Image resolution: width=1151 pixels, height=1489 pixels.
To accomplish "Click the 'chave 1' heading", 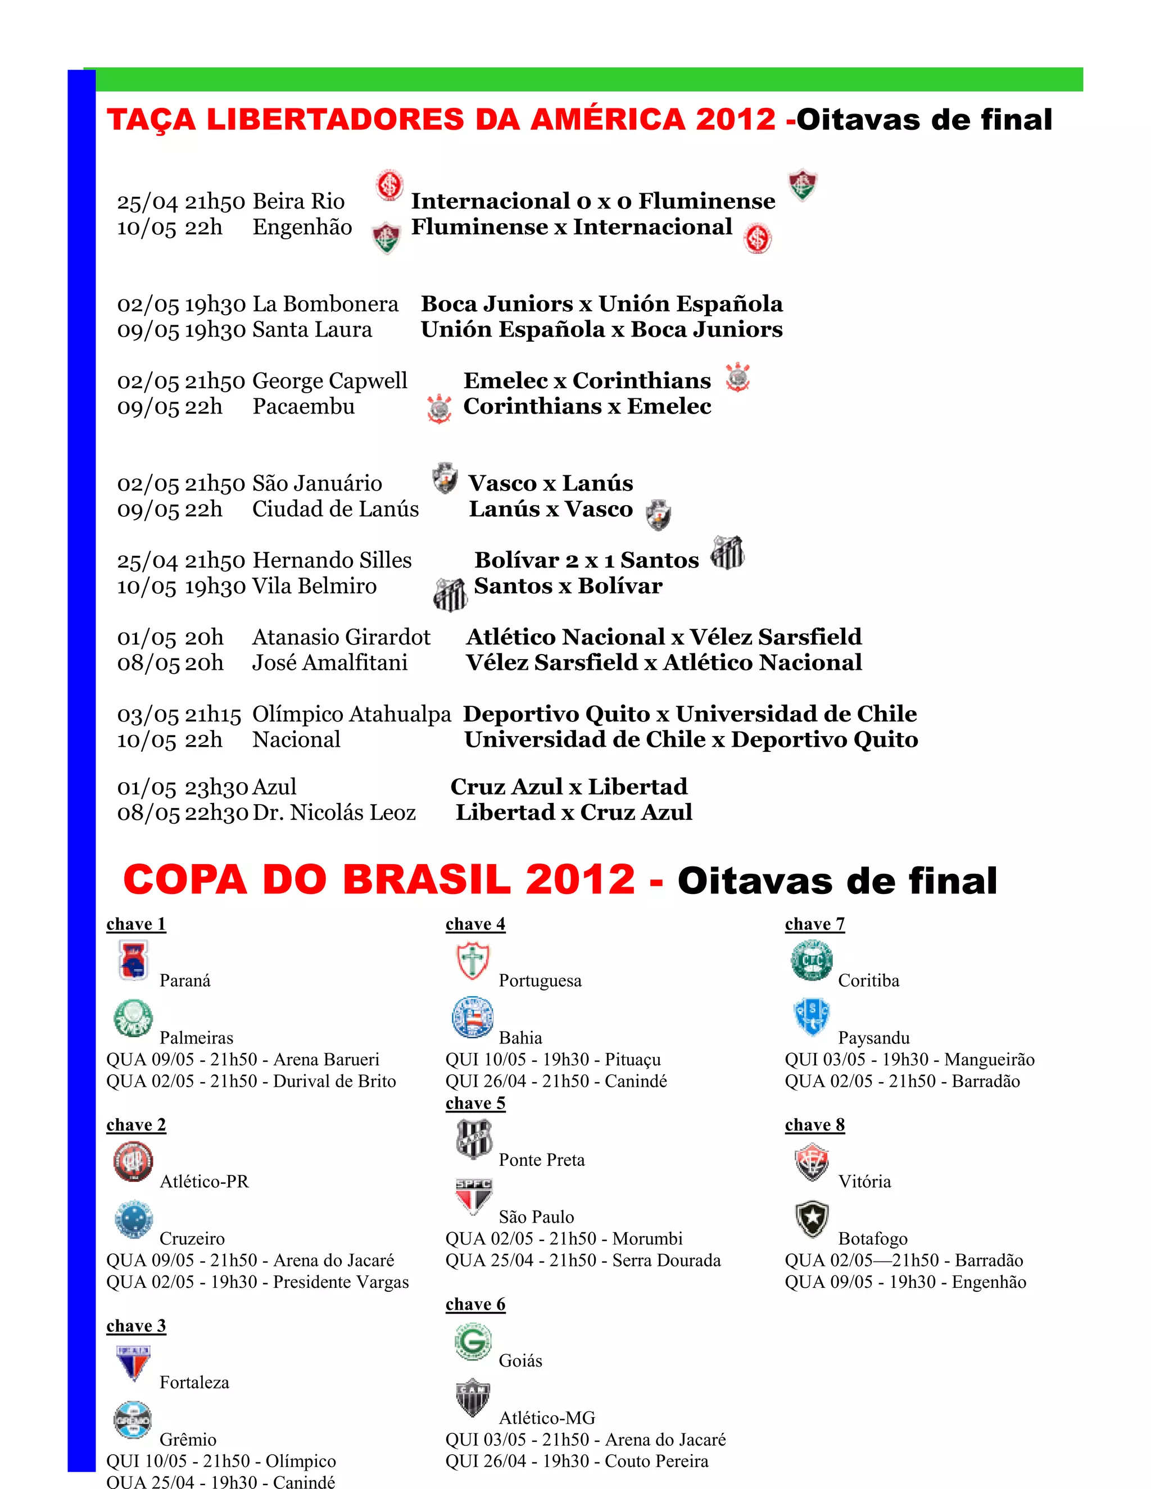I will pyautogui.click(x=135, y=924).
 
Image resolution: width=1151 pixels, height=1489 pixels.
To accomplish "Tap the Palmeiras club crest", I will pyautogui.click(x=133, y=1018).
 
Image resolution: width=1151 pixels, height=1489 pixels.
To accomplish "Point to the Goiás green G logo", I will pyautogui.click(x=473, y=1341).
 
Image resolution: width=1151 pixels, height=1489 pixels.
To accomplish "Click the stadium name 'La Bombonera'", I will pyautogui.click(x=325, y=303).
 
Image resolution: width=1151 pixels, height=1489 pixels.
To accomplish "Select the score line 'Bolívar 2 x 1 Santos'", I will pyautogui.click(x=586, y=560).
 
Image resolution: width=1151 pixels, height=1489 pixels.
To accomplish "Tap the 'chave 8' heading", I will pyautogui.click(x=814, y=1125).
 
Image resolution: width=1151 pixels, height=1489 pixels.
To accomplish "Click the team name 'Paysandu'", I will pyautogui.click(x=873, y=1038).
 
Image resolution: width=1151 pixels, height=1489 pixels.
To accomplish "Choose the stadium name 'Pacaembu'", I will pyautogui.click(x=303, y=406).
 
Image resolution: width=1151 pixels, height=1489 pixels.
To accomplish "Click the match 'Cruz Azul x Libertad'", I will pyautogui.click(x=569, y=787).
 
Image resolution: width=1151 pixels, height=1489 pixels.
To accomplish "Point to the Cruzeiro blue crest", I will pyautogui.click(x=133, y=1219).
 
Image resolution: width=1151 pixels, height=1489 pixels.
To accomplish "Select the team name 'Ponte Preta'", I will pyautogui.click(x=541, y=1160).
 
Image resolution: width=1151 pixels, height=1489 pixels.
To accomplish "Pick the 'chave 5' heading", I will pyautogui.click(x=475, y=1103).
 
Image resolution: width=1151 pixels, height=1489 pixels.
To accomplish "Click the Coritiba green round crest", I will pyautogui.click(x=812, y=961).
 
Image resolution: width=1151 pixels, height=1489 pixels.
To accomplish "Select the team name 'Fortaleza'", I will pyautogui.click(x=194, y=1382).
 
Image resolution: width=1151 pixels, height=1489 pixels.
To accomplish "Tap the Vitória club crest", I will pyautogui.click(x=812, y=1162).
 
